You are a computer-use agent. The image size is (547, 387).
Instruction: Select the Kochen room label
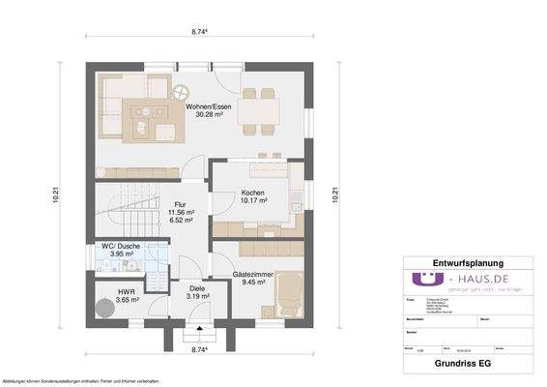(x=253, y=193)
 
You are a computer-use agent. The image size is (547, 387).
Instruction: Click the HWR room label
(x=127, y=290)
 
